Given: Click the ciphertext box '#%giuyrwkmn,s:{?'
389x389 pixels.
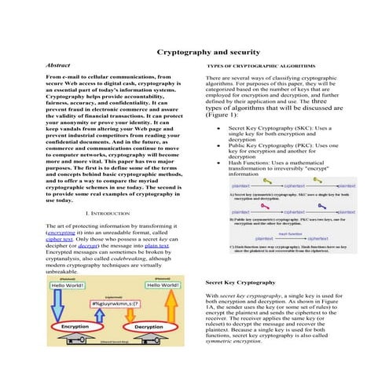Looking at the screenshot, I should click(x=114, y=302).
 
